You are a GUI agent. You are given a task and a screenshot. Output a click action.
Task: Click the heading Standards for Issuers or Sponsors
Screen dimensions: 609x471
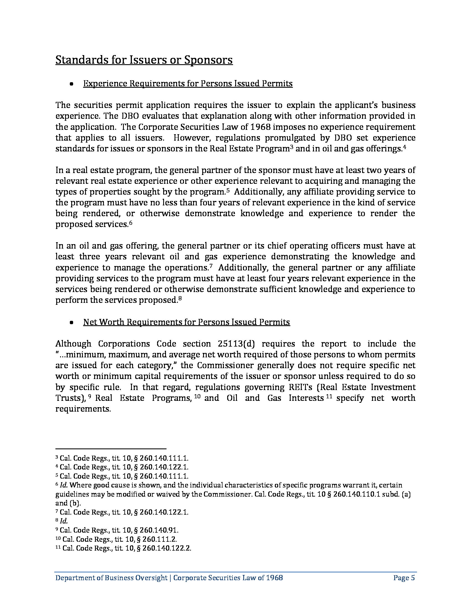(144, 60)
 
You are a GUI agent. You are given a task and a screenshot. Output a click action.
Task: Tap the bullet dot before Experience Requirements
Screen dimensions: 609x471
(72, 84)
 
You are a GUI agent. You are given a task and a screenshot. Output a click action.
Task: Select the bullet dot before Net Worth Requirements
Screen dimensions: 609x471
(72, 322)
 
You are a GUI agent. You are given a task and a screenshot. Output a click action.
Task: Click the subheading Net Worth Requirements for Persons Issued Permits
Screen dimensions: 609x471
(186, 322)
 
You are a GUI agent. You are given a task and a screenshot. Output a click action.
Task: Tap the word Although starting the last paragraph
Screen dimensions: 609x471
(73, 344)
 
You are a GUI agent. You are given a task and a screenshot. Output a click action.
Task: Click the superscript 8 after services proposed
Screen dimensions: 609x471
(180, 298)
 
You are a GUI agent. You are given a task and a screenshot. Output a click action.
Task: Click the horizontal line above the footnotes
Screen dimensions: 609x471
(111, 449)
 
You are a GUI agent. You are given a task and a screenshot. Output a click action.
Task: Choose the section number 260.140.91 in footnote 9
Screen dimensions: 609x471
(159, 530)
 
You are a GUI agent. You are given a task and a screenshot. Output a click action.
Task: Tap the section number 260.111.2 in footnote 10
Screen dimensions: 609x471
(160, 539)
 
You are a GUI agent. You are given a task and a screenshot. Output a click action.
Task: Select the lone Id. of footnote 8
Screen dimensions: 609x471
(64, 521)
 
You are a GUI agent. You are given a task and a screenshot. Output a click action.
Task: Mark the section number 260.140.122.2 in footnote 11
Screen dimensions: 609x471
(167, 548)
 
